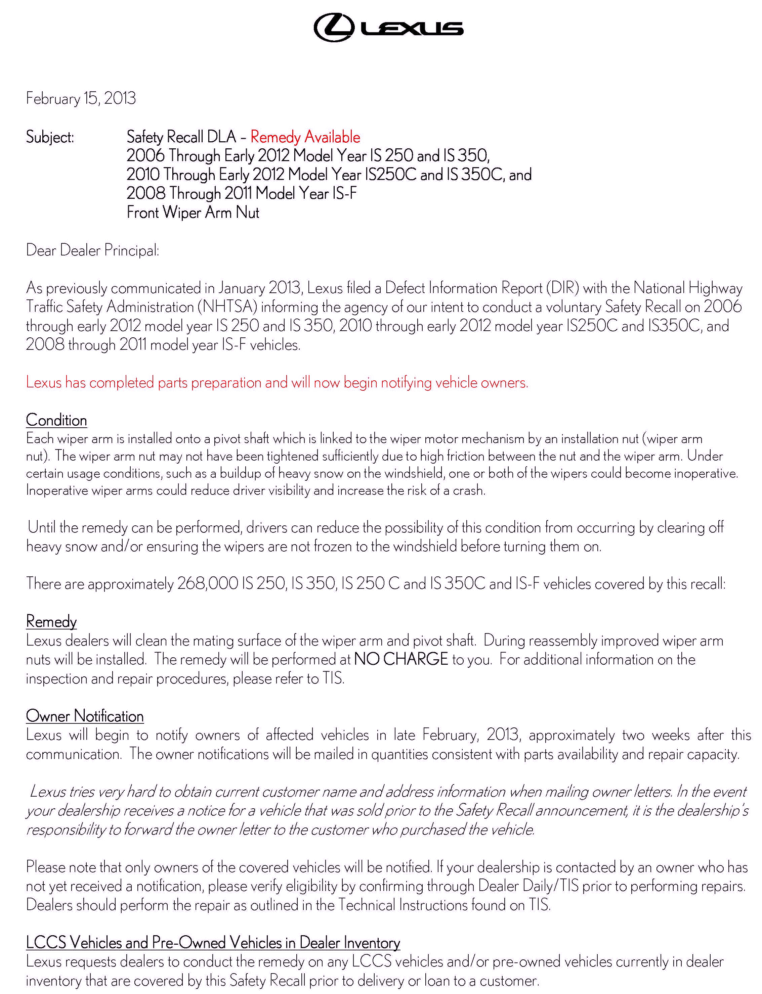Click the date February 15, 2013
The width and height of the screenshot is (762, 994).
click(x=81, y=98)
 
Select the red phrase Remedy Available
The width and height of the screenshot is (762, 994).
click(x=305, y=137)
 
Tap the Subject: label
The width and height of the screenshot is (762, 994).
click(x=50, y=137)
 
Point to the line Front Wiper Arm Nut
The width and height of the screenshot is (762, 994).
click(x=193, y=212)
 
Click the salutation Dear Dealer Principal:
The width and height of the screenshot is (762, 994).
click(x=92, y=250)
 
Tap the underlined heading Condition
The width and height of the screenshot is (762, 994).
click(x=56, y=420)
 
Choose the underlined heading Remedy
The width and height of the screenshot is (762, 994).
click(x=51, y=621)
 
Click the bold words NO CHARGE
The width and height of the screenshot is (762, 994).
click(x=401, y=659)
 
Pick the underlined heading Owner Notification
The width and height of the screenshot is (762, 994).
click(x=85, y=716)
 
